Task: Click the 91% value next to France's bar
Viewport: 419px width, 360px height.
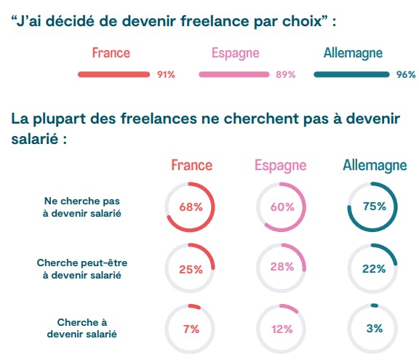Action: coord(166,75)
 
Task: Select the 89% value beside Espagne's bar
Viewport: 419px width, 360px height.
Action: coord(286,75)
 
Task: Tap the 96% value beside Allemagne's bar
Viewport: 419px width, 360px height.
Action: coord(405,75)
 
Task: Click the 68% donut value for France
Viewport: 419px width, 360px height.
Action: coord(191,207)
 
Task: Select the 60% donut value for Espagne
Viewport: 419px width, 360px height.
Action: coord(282,207)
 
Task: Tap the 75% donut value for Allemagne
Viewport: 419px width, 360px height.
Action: coord(374,207)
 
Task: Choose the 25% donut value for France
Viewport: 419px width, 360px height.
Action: coord(191,268)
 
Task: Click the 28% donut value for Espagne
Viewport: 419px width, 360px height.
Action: coord(282,268)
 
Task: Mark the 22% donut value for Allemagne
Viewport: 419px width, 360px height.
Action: coord(374,268)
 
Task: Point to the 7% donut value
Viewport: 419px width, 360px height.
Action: coord(191,329)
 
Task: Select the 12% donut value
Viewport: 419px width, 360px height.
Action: coord(282,329)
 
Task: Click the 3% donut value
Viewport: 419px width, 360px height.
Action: coord(374,329)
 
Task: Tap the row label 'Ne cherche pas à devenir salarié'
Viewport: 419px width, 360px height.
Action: coord(81,207)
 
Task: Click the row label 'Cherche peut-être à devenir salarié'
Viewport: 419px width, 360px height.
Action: coord(81,268)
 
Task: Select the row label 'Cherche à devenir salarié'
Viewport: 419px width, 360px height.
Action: coord(81,328)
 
